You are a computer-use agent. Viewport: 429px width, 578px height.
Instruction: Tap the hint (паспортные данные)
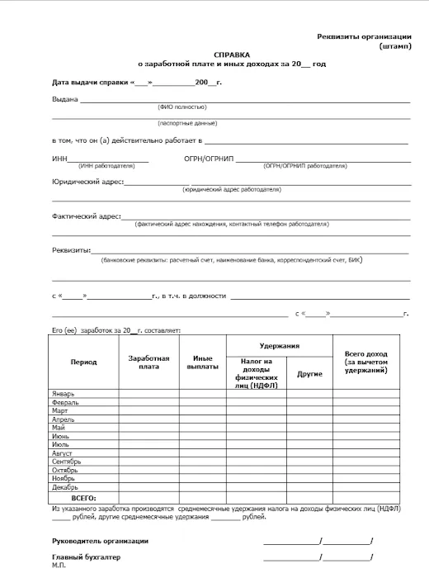coord(181,122)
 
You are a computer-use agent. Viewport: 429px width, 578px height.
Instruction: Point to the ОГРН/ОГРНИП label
coord(210,159)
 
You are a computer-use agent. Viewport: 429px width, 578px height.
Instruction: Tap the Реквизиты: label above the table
coord(72,249)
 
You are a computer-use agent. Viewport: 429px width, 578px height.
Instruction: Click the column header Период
coord(83,362)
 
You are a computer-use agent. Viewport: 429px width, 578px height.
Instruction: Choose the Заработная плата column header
coord(149,362)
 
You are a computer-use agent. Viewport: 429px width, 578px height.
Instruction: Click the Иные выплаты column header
coord(205,362)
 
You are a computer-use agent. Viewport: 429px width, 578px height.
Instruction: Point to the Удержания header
coord(279,346)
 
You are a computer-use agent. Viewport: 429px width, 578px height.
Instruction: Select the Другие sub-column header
coord(309,373)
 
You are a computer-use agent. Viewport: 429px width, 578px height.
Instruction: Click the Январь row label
coord(64,394)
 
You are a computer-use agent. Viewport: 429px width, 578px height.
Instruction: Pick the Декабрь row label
coord(64,487)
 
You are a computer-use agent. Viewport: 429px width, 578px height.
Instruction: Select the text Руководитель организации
coord(100,540)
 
